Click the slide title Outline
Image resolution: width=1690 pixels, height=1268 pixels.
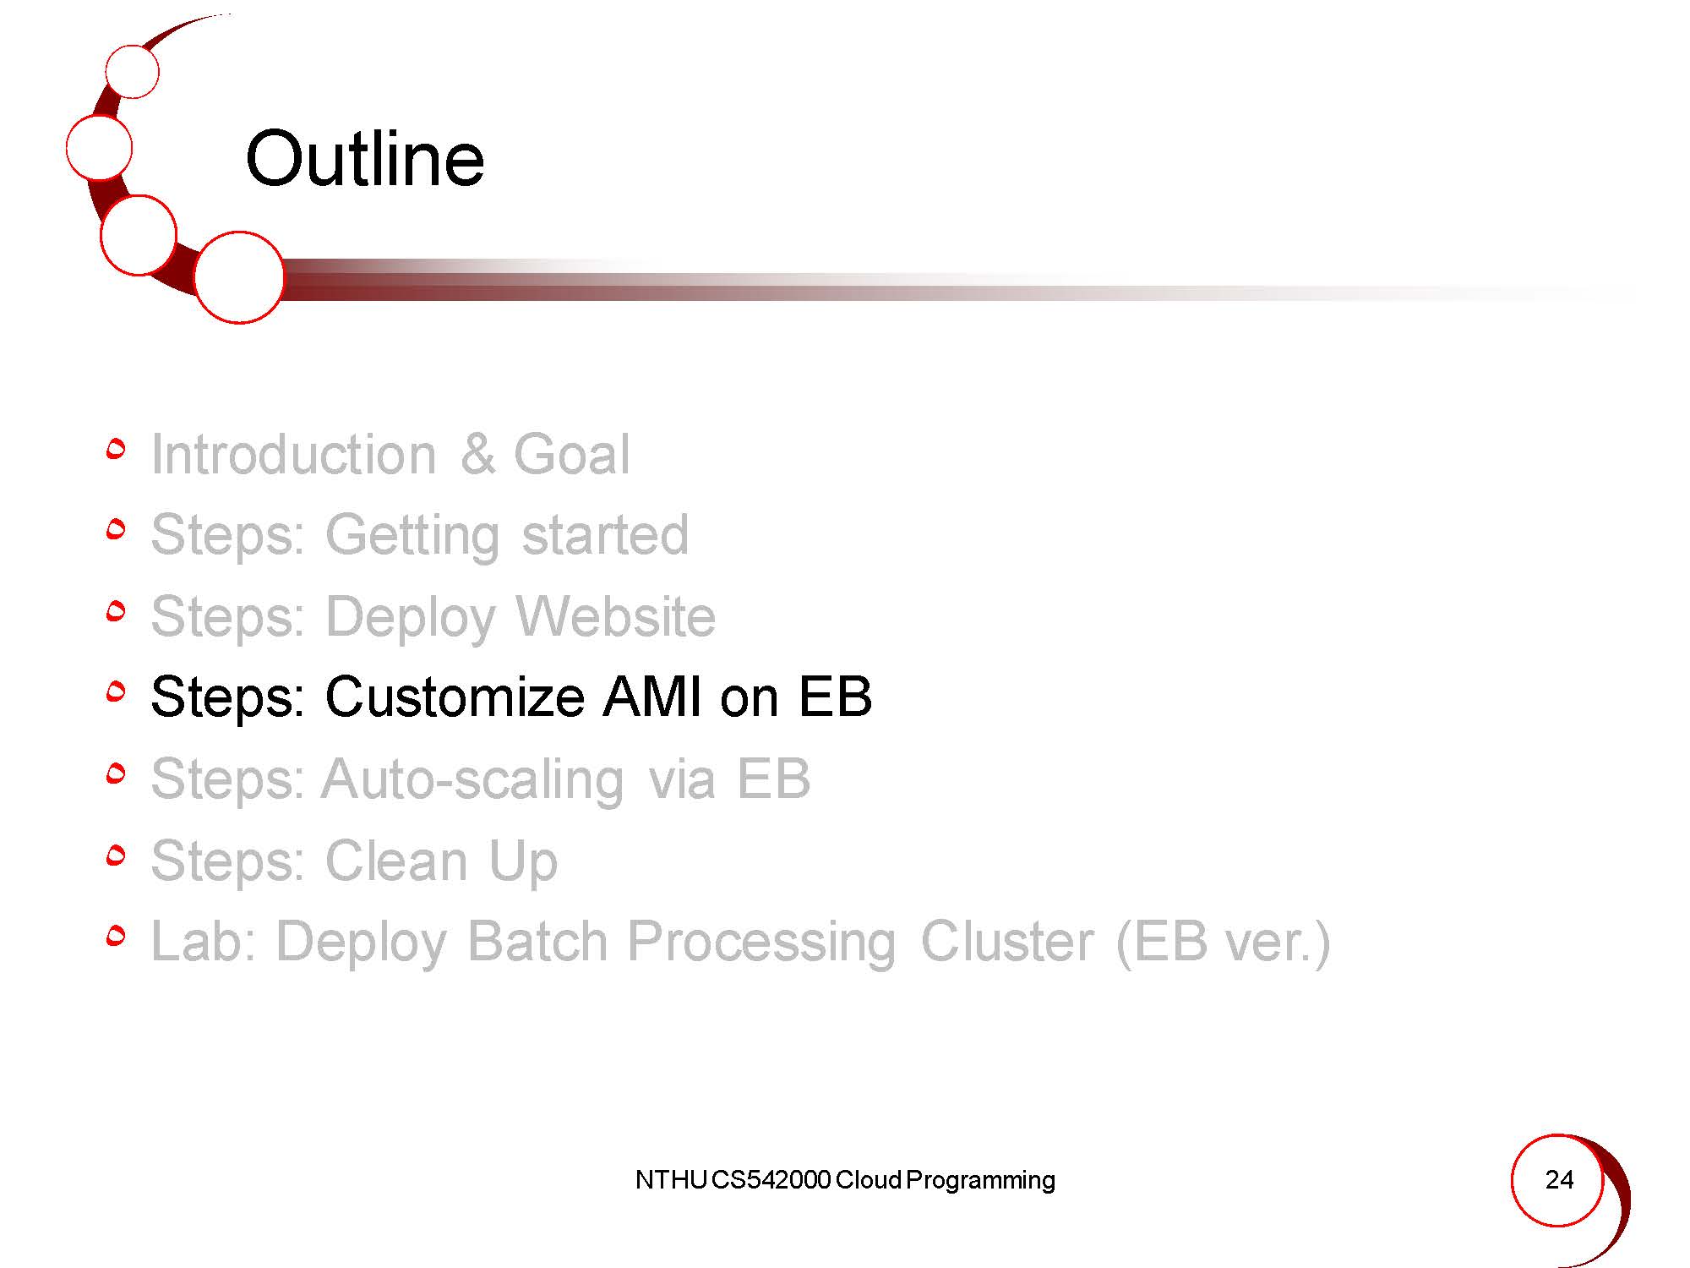click(365, 159)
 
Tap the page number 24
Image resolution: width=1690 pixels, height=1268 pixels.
click(1559, 1179)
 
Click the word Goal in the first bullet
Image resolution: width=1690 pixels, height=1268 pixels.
click(571, 454)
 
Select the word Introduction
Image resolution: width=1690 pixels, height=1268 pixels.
click(293, 454)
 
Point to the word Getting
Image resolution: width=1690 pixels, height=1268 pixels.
click(412, 536)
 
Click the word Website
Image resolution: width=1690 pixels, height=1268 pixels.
click(615, 616)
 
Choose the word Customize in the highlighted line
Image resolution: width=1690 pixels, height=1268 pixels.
click(454, 697)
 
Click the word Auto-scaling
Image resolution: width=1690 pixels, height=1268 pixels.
click(472, 779)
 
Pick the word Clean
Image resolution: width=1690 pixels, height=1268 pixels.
click(395, 861)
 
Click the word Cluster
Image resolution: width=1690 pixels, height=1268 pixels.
click(1006, 941)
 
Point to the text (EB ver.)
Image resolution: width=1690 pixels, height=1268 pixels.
click(1223, 942)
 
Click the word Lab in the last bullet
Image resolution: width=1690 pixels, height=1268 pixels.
click(204, 941)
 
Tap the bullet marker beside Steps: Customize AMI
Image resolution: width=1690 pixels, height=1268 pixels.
click(117, 692)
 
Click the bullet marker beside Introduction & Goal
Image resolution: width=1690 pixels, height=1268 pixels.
click(117, 449)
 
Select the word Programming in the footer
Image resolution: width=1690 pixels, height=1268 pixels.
click(980, 1181)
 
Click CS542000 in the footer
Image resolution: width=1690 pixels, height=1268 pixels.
click(771, 1179)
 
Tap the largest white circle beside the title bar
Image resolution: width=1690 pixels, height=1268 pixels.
click(239, 277)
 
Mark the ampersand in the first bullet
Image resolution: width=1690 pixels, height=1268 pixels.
click(477, 454)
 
